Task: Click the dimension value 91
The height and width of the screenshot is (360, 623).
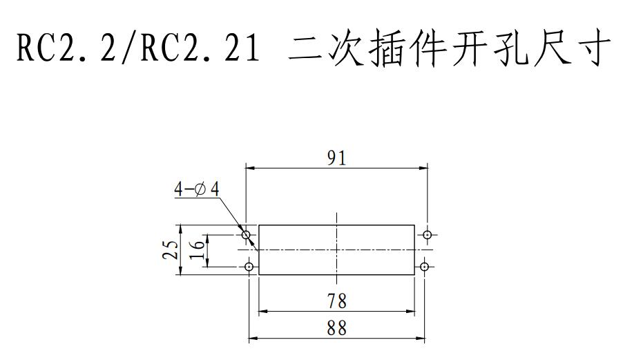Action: click(x=336, y=158)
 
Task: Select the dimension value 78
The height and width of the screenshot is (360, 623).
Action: click(x=337, y=301)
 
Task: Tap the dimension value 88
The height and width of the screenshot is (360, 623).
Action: click(x=337, y=328)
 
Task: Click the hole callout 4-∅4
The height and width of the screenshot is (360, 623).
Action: click(x=196, y=189)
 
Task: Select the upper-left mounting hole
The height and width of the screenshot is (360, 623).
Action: click(x=247, y=236)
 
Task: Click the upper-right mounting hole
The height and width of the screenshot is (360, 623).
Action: click(x=428, y=235)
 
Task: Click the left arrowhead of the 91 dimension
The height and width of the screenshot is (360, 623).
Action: click(x=251, y=168)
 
